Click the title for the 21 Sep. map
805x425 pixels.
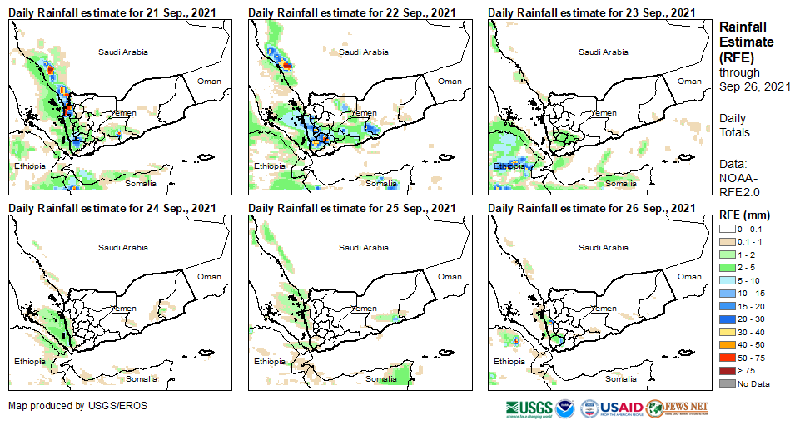pyautogui.click(x=112, y=12)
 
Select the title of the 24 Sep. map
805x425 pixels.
pyautogui.click(x=112, y=207)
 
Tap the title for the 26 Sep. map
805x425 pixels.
pyautogui.click(x=592, y=207)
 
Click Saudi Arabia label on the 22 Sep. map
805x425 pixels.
pyautogui.click(x=363, y=52)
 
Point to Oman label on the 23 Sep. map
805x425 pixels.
pyautogui.click(x=689, y=81)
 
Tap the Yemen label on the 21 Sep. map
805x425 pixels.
pyautogui.click(x=124, y=112)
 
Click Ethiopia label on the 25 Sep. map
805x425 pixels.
pyautogui.click(x=270, y=362)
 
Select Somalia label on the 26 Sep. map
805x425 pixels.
pyautogui.click(x=621, y=378)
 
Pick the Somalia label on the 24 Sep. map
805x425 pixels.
pyautogui.click(x=141, y=378)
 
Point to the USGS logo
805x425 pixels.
pyautogui.click(x=529, y=408)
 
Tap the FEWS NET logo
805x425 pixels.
pyautogui.click(x=678, y=408)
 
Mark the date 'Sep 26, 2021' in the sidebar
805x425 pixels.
pyautogui.click(x=755, y=86)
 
